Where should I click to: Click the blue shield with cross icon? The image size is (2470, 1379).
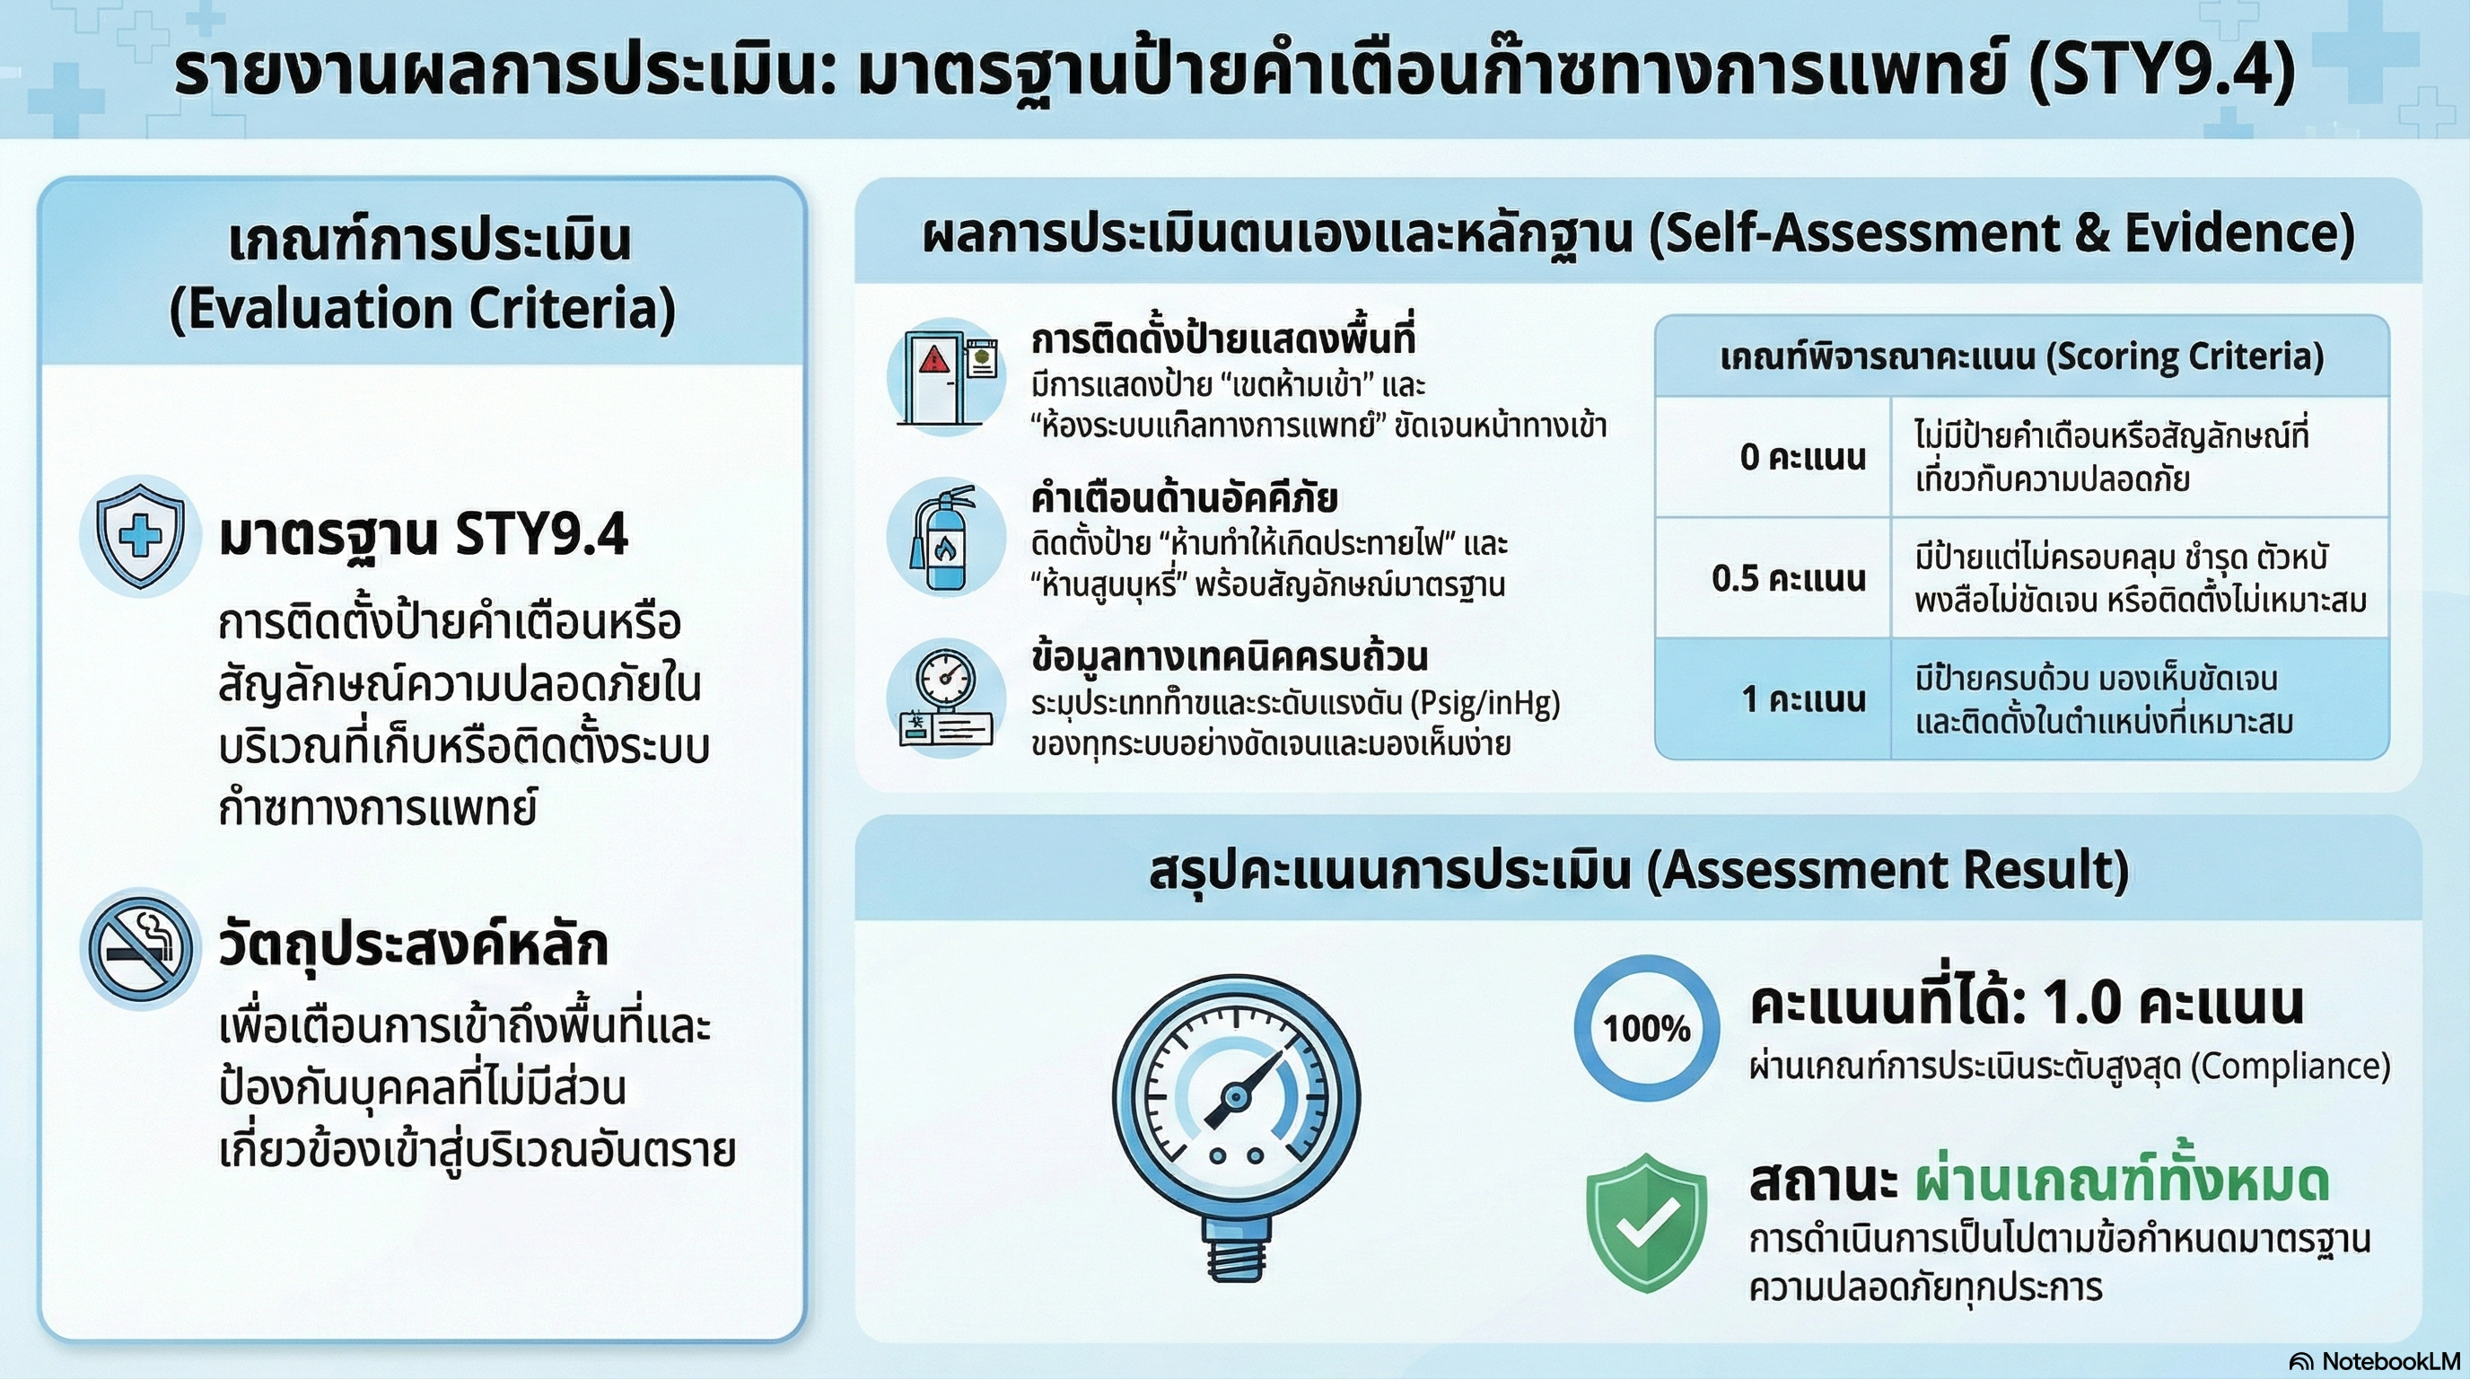[140, 535]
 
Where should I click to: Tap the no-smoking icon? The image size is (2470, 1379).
[141, 948]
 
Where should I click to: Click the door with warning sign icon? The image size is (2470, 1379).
[945, 377]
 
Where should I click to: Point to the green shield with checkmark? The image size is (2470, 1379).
[1646, 1223]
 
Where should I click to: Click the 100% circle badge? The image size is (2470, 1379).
[1646, 1028]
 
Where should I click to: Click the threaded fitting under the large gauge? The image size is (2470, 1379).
[1237, 1252]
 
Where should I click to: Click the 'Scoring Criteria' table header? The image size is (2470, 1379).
[2022, 356]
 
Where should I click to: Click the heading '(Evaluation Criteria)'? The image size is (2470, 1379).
[423, 309]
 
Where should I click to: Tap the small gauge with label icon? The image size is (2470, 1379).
[945, 698]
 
